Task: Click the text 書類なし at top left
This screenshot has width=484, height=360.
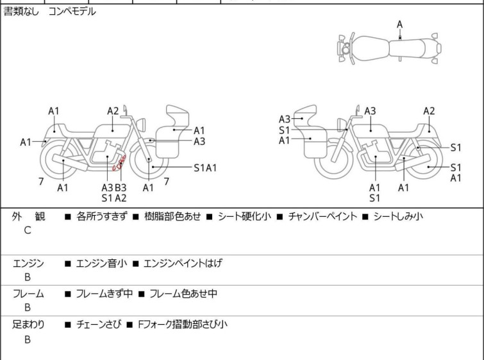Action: (21, 12)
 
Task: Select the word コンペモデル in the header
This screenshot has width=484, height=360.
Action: (72, 12)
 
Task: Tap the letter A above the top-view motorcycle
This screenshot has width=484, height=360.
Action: (399, 24)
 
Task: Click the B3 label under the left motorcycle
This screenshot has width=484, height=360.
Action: (121, 187)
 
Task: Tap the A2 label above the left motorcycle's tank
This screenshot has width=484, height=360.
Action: (113, 111)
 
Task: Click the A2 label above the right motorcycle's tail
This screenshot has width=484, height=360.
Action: (429, 111)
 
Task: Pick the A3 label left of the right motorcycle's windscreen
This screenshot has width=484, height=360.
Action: (285, 119)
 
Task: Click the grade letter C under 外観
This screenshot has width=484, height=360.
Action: (27, 230)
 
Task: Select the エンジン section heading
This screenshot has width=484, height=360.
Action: (28, 263)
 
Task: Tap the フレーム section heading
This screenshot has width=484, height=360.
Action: (28, 294)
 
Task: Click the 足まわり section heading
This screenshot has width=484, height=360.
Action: (28, 325)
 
